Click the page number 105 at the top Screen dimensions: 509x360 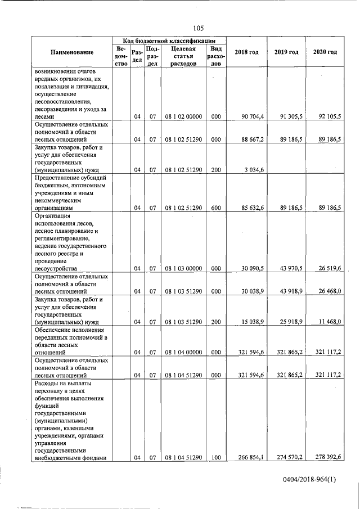(198, 28)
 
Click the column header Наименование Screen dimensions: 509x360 (71, 52)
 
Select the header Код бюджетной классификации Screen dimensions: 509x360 (169, 41)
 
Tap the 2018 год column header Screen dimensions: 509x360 (246, 52)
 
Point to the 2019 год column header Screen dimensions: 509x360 (286, 52)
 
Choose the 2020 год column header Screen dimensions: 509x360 (325, 52)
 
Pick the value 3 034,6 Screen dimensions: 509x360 (254, 169)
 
